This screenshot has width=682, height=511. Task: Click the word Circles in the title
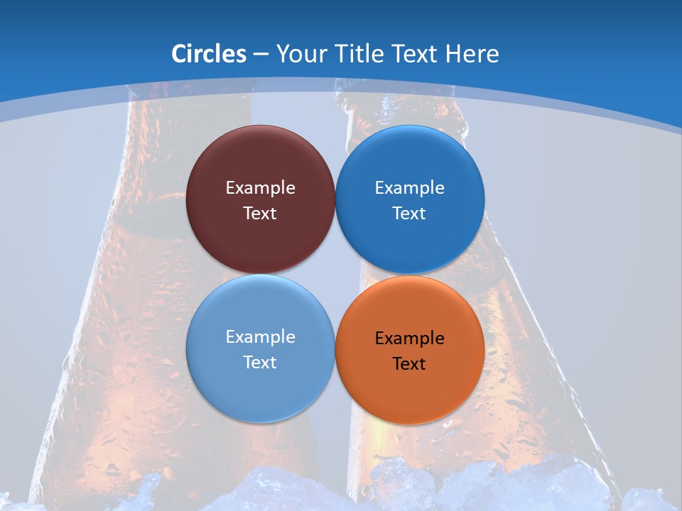209,54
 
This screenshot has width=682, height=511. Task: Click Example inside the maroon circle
260,188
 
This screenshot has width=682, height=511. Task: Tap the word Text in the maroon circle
260,214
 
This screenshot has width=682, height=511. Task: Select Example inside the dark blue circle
409,188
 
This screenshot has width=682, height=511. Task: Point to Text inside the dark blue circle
409,214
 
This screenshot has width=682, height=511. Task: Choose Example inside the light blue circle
260,337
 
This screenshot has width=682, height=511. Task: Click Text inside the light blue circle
260,363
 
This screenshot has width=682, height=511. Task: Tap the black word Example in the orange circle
409,339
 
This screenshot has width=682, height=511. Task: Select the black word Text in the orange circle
409,364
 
